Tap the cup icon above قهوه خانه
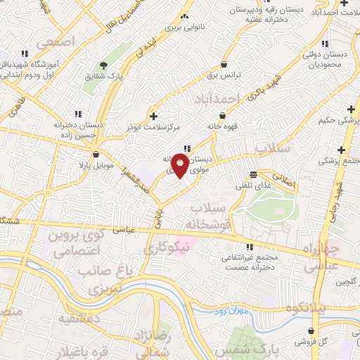(223, 115)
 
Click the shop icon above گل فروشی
(311, 331)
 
